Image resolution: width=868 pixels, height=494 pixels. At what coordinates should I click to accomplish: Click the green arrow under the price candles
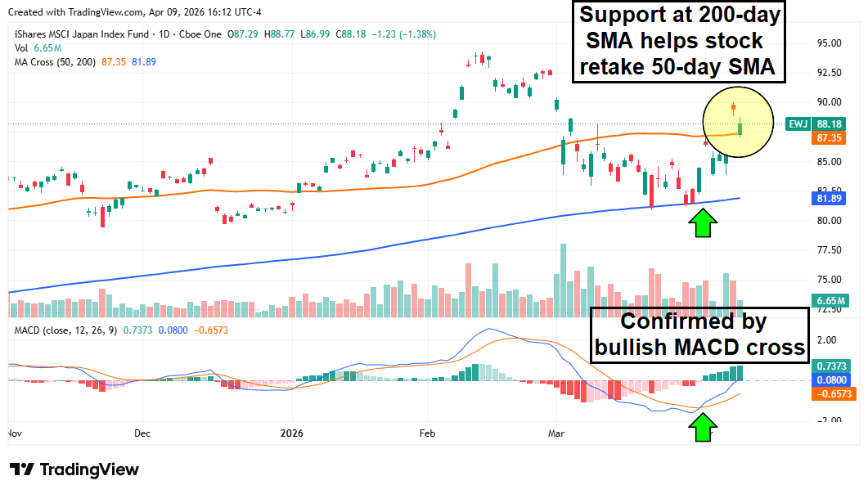point(702,222)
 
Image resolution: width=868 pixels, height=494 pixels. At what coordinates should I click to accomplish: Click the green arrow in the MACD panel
point(702,427)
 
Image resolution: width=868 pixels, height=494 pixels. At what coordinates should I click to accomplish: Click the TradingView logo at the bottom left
point(74,469)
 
